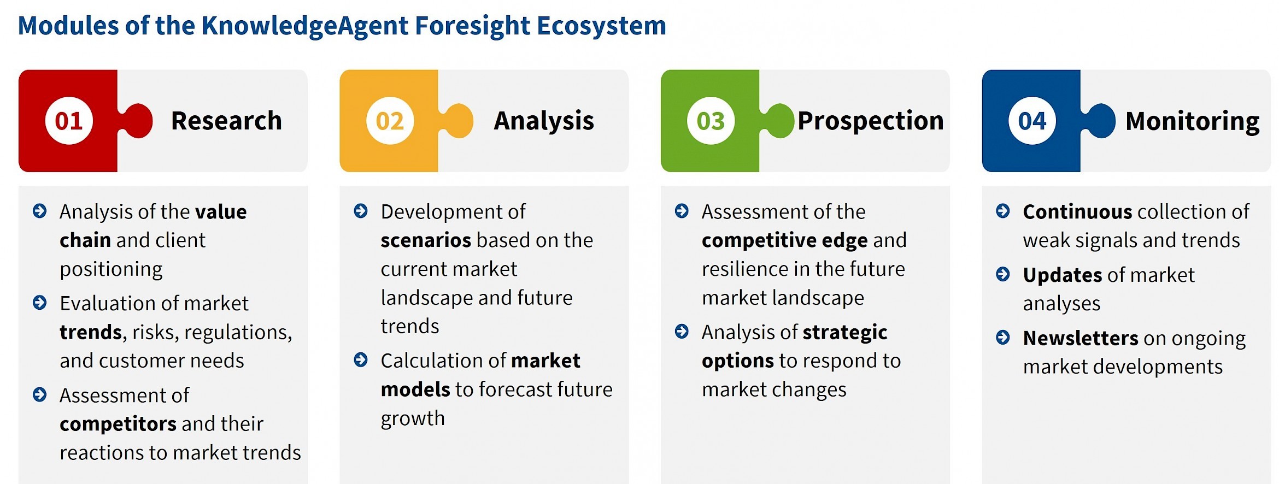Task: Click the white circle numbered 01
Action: (69, 121)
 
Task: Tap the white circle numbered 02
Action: (390, 121)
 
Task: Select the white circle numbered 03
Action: (711, 121)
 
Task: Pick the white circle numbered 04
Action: (1032, 121)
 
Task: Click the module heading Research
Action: (226, 121)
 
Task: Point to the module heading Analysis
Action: (544, 121)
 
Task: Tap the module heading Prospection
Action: (871, 121)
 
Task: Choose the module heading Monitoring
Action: (1193, 121)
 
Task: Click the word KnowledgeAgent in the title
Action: (304, 26)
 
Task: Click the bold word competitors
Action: (118, 424)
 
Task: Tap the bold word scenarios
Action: (426, 240)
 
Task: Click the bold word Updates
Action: (1063, 275)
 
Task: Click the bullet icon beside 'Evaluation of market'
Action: (40, 302)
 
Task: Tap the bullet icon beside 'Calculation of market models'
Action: (361, 359)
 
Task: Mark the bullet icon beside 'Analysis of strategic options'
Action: (682, 331)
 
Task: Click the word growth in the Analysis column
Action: (413, 419)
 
